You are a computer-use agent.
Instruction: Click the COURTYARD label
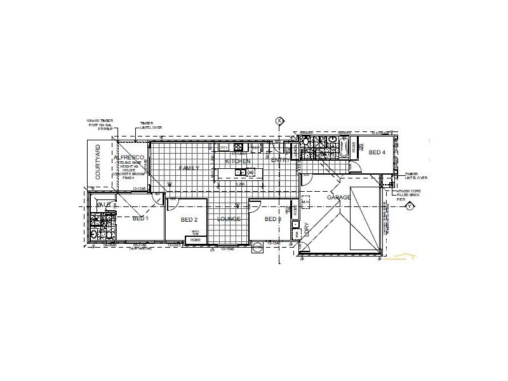tap(98, 164)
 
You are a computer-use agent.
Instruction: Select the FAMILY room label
tap(189, 168)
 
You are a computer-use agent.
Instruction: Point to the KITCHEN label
tap(239, 162)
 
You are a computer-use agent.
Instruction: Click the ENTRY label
tap(280, 160)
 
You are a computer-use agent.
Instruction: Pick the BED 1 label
tap(140, 219)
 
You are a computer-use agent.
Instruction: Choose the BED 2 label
tap(189, 220)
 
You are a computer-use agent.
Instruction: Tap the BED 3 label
tap(272, 219)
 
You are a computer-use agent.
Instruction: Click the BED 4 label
tap(377, 152)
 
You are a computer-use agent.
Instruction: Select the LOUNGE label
tap(229, 219)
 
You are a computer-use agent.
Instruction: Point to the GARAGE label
tap(338, 198)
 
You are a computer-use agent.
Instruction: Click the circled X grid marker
tap(279, 121)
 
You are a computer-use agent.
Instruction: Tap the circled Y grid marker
tap(410, 206)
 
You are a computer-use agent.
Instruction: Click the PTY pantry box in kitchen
tap(224, 148)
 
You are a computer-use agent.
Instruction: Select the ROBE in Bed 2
tap(195, 238)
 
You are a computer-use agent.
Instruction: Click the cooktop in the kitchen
tap(239, 148)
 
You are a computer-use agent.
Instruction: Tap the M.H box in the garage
tap(305, 202)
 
